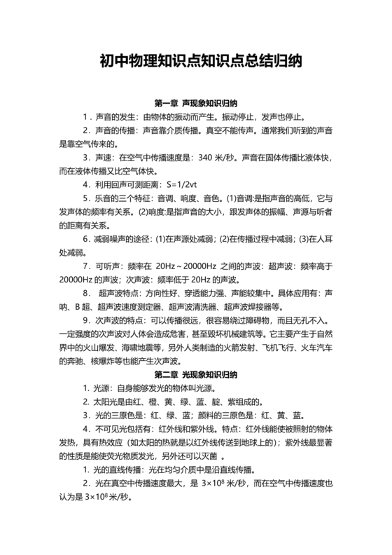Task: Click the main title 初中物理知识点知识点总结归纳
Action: [196, 61]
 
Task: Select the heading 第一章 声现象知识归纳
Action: [196, 103]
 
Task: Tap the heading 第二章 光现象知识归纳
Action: [196, 376]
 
